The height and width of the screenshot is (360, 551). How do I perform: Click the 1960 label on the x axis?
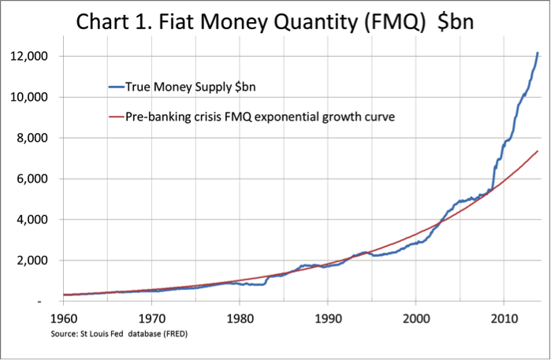pyautogui.click(x=63, y=318)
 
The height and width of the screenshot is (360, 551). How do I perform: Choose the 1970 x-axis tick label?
pyautogui.click(x=151, y=318)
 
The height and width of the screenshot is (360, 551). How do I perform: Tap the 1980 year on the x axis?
pyautogui.click(x=240, y=318)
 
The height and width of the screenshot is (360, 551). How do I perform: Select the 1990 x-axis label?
pyautogui.click(x=327, y=318)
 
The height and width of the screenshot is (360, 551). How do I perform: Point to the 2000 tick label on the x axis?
pyautogui.click(x=415, y=318)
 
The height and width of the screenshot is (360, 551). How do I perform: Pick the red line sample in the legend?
pyautogui.click(x=119, y=118)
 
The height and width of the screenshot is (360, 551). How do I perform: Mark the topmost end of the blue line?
pyautogui.click(x=538, y=53)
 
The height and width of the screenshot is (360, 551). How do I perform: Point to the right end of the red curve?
pyautogui.click(x=538, y=150)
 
